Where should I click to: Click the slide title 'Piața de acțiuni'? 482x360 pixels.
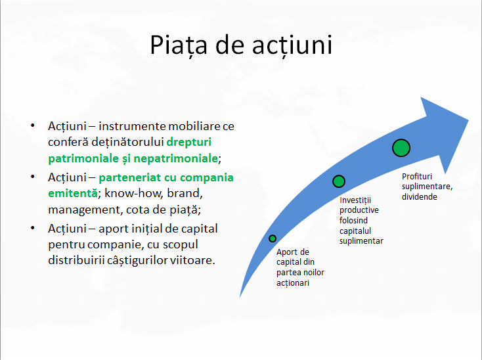[240, 45]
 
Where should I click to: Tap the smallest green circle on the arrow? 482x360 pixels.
[273, 238]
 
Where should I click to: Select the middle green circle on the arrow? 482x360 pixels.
[339, 181]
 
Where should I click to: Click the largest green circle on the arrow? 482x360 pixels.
[401, 148]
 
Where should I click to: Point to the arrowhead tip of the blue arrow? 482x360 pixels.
[468, 120]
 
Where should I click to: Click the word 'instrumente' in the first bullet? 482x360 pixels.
[139, 125]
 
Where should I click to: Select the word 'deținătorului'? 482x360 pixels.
[128, 141]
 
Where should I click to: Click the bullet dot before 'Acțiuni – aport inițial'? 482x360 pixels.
[32, 228]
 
